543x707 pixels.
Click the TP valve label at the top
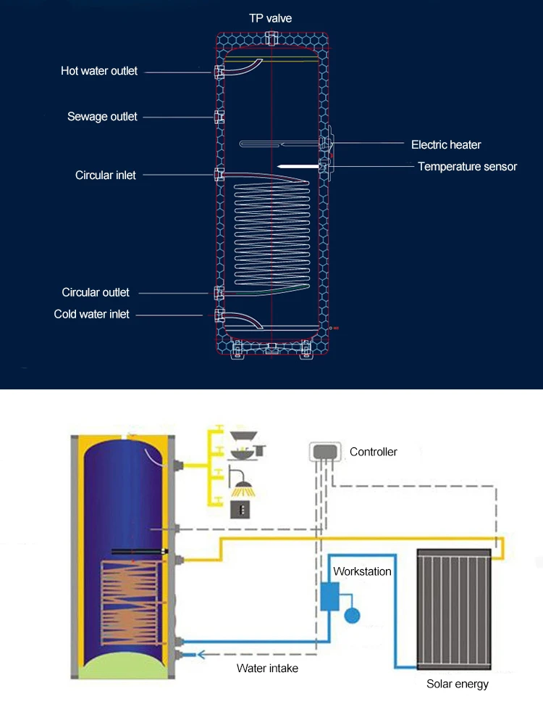click(271, 18)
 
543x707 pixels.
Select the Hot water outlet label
click(99, 71)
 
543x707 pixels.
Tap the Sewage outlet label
click(102, 117)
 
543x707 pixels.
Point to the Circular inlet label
click(106, 175)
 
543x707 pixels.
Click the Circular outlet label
click(96, 292)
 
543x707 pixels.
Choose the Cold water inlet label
click(92, 314)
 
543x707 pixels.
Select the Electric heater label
click(446, 144)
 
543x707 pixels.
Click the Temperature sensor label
click(467, 167)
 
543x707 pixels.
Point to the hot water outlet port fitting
click(219, 71)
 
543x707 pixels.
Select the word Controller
click(374, 452)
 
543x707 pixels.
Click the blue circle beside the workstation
click(352, 616)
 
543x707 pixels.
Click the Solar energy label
click(457, 684)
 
